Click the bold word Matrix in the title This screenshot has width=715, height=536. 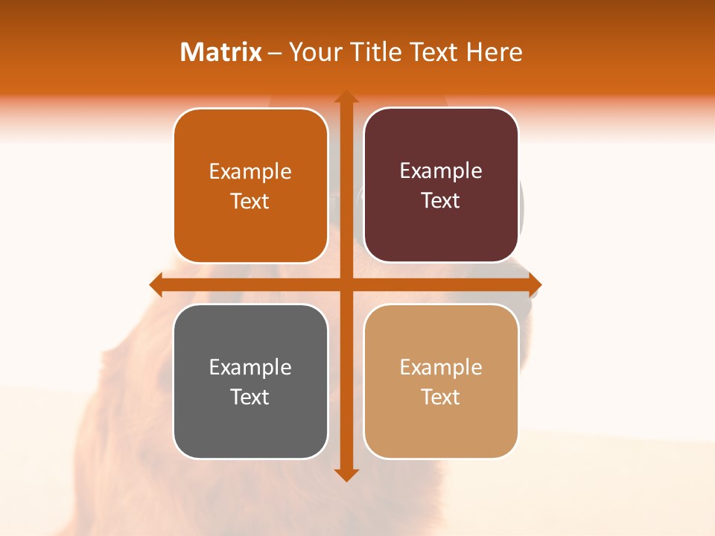point(221,52)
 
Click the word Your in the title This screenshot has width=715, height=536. point(314,52)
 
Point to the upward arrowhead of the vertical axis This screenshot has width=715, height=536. point(346,98)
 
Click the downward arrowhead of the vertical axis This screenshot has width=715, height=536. point(346,474)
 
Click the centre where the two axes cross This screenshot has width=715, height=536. point(346,285)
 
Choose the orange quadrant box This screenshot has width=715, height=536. point(250,185)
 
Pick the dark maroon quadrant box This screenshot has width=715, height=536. point(441,185)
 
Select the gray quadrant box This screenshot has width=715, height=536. point(250,381)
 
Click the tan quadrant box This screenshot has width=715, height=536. point(441,381)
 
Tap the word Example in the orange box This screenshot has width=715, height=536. point(250,172)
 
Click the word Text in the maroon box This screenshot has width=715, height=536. point(441,200)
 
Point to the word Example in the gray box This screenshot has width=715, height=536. point(250,368)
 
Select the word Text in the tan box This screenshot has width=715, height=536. point(441,397)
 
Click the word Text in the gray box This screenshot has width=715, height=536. point(250,397)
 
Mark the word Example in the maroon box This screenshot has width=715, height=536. point(441,171)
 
